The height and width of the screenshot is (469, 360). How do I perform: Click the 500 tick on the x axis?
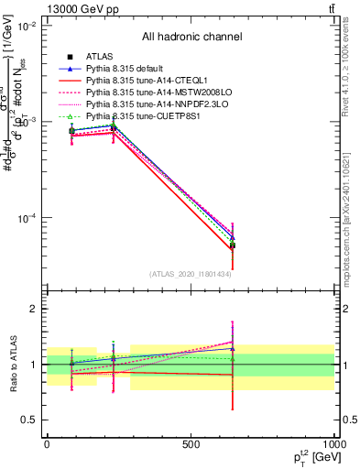pos(190,443)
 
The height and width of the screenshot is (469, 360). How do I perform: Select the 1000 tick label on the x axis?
pos(332,443)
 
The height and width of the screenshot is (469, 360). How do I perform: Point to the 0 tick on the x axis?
pos(47,443)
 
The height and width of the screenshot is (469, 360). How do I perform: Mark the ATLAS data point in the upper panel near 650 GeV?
pos(233,245)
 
